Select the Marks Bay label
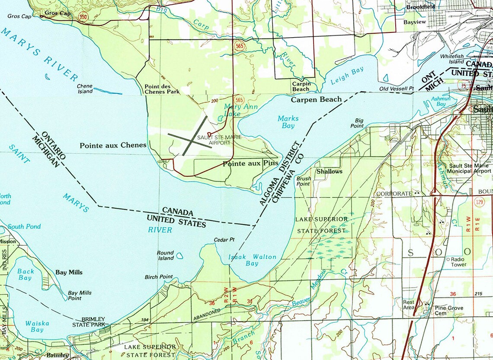click(288, 122)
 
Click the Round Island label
click(165, 255)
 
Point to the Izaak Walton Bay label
click(252, 260)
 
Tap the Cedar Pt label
click(224, 240)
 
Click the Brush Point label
click(303, 181)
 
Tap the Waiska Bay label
click(34, 326)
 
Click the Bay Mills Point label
click(80, 296)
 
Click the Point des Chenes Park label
click(162, 89)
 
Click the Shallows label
click(329, 171)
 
